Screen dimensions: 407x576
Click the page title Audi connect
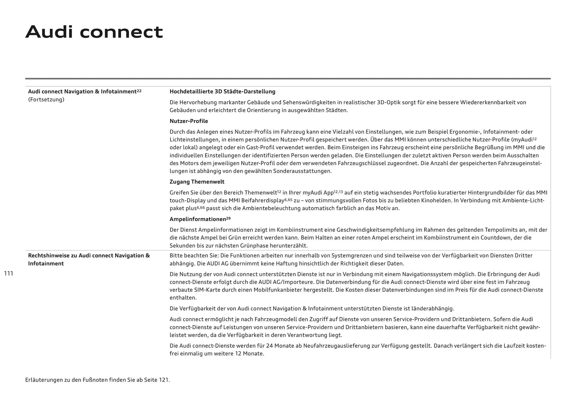coord(94,32)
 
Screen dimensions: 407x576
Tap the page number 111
coord(9,273)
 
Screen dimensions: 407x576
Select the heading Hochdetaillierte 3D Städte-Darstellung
coord(222,91)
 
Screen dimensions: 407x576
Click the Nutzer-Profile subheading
coord(189,121)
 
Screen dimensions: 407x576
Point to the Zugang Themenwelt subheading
coord(197,182)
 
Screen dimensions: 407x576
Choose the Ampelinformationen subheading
coord(198,219)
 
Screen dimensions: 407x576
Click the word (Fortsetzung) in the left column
coord(46,100)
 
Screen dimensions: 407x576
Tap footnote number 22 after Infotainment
coord(139,90)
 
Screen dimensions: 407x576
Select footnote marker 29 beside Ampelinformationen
coord(228,218)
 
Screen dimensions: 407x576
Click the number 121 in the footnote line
coord(164,380)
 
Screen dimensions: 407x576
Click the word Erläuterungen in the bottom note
coord(44,380)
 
